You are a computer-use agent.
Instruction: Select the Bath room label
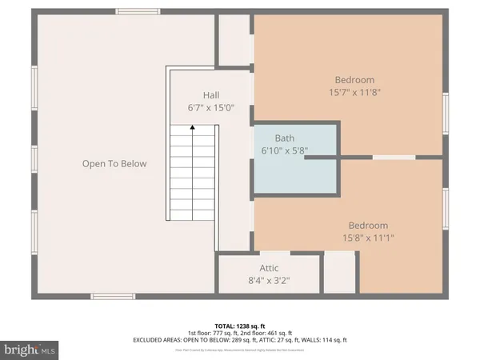tap(284, 138)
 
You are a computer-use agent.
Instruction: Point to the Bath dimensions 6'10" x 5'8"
tap(284, 150)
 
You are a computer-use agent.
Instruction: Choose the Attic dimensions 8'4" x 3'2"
tap(269, 281)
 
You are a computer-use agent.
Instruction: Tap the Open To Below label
tap(114, 164)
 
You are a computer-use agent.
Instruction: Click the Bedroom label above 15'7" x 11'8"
tap(354, 80)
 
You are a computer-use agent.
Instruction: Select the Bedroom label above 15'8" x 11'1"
tap(368, 226)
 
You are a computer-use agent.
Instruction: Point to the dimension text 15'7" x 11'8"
tap(354, 93)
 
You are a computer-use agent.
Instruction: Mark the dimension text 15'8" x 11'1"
tap(368, 238)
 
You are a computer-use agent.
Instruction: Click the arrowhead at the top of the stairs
tap(192, 126)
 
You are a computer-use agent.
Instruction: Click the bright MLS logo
tap(30, 349)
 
